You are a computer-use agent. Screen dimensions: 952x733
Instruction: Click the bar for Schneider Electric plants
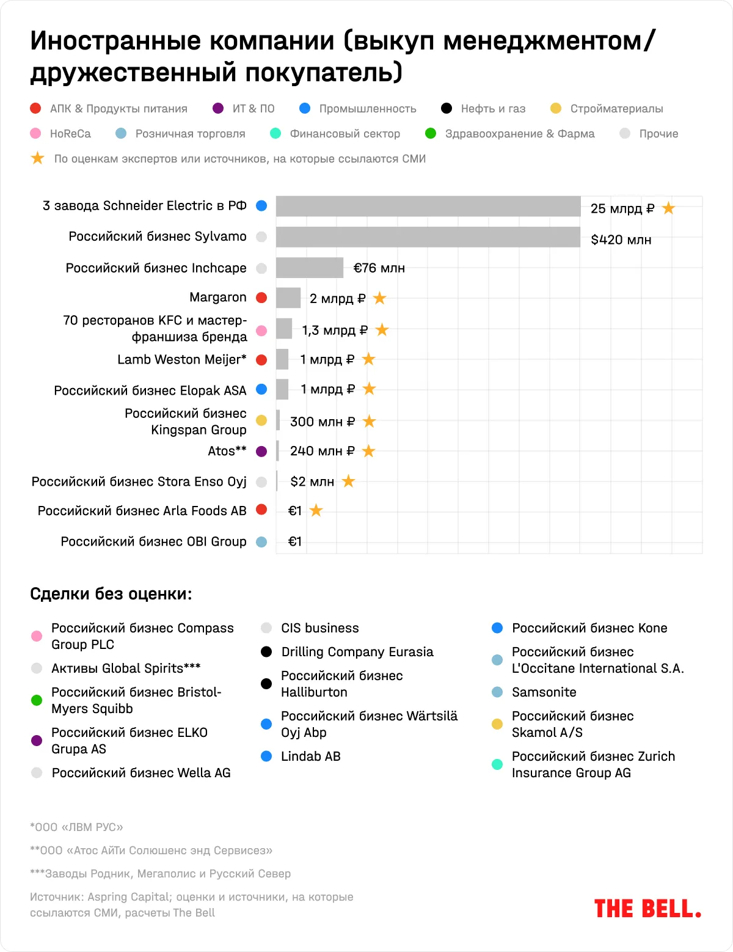tap(428, 207)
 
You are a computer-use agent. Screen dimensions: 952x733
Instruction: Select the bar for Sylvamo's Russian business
tap(428, 237)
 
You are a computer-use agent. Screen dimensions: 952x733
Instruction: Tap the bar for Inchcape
tap(310, 268)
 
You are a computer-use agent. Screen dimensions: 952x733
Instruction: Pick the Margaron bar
tap(288, 298)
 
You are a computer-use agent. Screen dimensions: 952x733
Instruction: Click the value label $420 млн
tap(621, 240)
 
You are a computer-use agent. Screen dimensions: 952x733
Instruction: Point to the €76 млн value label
tap(379, 268)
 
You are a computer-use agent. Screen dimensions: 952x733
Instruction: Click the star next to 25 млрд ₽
tap(669, 208)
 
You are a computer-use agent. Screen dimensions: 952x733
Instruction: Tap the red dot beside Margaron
tap(261, 298)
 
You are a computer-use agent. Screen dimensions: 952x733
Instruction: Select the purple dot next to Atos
tap(261, 452)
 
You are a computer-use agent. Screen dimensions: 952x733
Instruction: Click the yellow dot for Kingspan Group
tap(261, 421)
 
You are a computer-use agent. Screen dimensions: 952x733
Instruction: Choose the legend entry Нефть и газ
tap(493, 109)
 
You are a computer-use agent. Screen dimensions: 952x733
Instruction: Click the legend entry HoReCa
tap(70, 134)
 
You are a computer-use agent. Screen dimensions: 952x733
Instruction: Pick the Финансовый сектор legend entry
tap(345, 134)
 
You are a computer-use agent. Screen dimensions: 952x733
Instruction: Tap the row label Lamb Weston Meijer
tap(182, 359)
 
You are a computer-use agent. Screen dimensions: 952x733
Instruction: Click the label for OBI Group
tap(153, 541)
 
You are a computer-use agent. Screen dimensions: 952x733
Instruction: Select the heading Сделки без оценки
tap(111, 594)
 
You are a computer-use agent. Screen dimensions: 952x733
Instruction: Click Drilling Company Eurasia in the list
tap(357, 652)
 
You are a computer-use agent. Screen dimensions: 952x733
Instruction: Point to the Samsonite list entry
tap(544, 692)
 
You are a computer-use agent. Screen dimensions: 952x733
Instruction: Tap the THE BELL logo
tap(647, 909)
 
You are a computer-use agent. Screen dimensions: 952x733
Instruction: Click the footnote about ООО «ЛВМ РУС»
tap(77, 827)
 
